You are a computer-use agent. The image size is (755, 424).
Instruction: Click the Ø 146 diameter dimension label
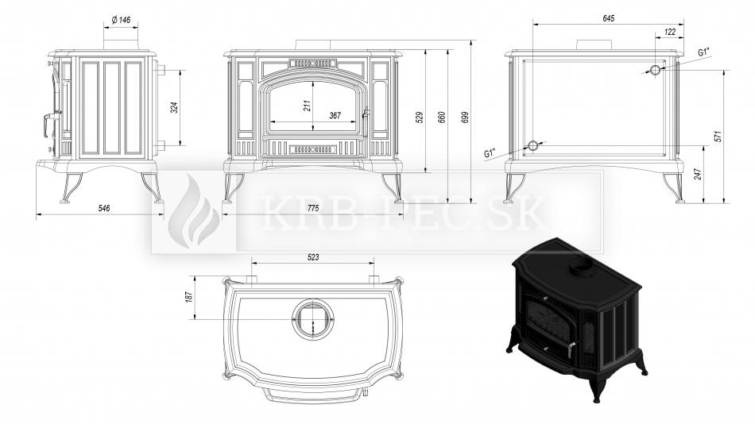(x=121, y=20)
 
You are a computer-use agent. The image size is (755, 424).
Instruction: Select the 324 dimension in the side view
(x=174, y=107)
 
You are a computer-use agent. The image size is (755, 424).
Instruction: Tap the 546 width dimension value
(x=104, y=208)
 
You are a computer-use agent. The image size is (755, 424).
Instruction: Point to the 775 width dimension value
(x=313, y=208)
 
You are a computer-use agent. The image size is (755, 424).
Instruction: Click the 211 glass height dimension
(x=308, y=106)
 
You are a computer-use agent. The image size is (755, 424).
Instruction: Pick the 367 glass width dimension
(x=335, y=115)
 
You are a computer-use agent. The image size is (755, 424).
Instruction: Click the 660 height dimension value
(x=442, y=117)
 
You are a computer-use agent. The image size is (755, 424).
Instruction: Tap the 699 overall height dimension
(x=465, y=117)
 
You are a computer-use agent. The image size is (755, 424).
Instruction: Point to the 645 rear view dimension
(x=609, y=19)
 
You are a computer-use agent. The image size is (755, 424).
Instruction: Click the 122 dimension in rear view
(x=670, y=32)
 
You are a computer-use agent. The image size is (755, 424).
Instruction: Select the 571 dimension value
(x=718, y=137)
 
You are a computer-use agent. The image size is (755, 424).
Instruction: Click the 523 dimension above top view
(x=313, y=257)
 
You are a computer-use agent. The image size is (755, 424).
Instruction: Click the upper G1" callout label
(x=706, y=52)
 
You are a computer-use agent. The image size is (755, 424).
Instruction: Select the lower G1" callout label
(x=490, y=153)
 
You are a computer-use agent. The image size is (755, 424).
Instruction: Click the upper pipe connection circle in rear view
(x=656, y=70)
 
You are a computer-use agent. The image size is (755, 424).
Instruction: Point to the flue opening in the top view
(x=313, y=318)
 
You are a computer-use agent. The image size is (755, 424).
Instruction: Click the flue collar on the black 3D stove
(x=582, y=272)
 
